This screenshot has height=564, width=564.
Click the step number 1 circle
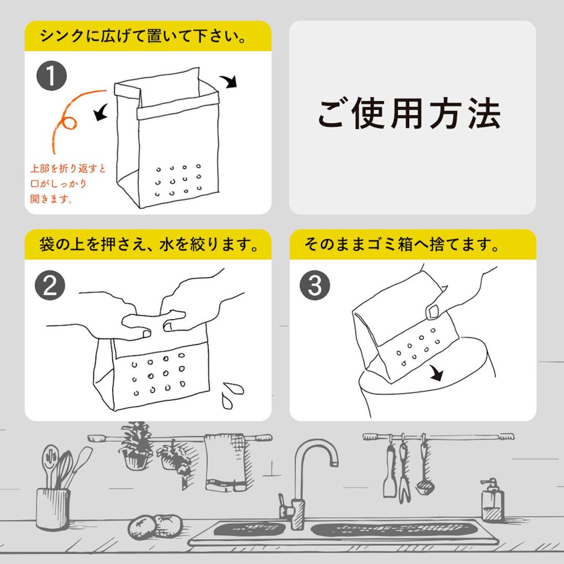(51, 77)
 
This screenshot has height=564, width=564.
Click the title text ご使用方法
(409, 115)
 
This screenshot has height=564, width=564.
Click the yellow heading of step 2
(148, 244)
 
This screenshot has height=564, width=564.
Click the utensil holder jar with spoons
(53, 507)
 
